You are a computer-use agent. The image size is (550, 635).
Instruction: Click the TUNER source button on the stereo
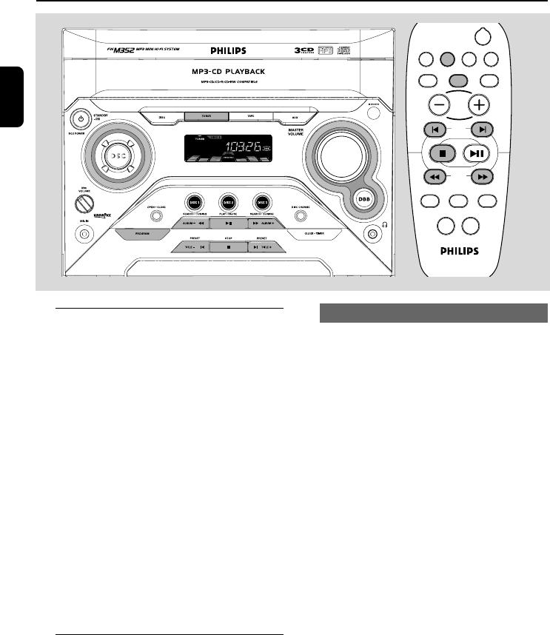(198, 116)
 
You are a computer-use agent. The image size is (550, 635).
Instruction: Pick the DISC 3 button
(261, 202)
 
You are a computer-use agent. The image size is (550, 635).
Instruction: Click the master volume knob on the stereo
(340, 154)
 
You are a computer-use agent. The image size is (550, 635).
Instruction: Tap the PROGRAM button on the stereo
(141, 233)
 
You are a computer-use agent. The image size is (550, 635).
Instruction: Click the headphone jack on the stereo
(372, 234)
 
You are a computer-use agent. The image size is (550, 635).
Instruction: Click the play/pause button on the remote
(477, 154)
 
